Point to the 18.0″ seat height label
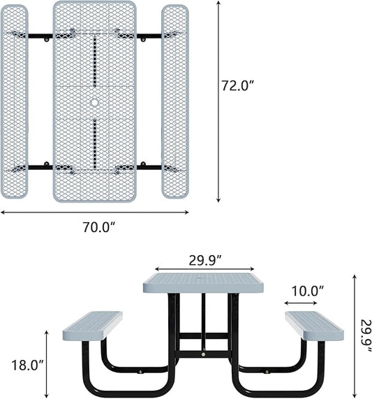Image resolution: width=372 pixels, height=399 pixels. pyautogui.click(x=27, y=365)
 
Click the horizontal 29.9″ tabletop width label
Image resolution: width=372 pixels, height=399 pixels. pyautogui.click(x=204, y=259)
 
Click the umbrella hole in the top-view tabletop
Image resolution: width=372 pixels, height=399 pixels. pyautogui.click(x=94, y=103)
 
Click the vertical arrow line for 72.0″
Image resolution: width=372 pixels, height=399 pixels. pyautogui.click(x=218, y=105)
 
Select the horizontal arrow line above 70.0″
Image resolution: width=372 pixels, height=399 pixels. pyautogui.click(x=94, y=212)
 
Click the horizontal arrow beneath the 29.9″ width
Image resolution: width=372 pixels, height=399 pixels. pyautogui.click(x=204, y=269)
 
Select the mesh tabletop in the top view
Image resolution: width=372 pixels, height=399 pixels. pyautogui.click(x=94, y=63)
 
